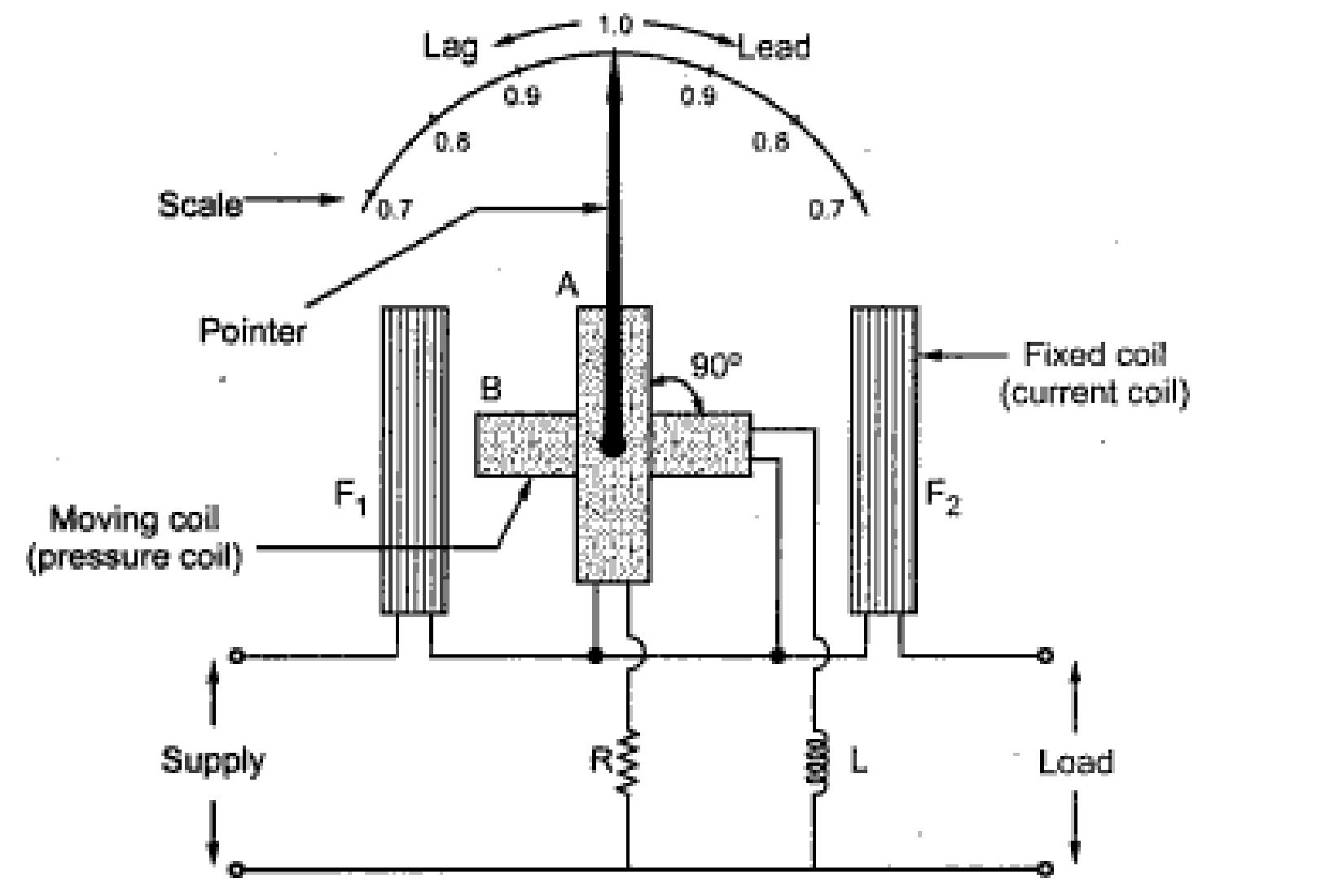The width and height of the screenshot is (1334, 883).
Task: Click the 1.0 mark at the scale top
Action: pyautogui.click(x=614, y=25)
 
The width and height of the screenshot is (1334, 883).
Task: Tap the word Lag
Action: pyautogui.click(x=450, y=46)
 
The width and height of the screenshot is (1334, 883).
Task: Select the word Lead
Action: pyautogui.click(x=774, y=48)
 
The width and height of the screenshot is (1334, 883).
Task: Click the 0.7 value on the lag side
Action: pyautogui.click(x=396, y=210)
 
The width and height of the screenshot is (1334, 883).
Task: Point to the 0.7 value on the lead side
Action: pyautogui.click(x=826, y=210)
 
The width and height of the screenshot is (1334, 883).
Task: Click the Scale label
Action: pyautogui.click(x=200, y=203)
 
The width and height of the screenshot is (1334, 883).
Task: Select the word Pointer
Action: pyautogui.click(x=252, y=330)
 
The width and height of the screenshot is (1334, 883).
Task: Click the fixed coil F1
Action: pyautogui.click(x=415, y=460)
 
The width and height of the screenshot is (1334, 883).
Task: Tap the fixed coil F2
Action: pyautogui.click(x=884, y=460)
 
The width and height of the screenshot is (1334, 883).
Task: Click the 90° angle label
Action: pyautogui.click(x=716, y=366)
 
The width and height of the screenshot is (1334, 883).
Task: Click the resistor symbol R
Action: pyautogui.click(x=628, y=762)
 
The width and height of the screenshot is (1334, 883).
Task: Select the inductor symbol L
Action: pyautogui.click(x=817, y=762)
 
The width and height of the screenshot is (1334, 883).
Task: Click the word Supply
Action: pyautogui.click(x=213, y=761)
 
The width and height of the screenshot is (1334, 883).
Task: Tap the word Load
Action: pyautogui.click(x=1075, y=763)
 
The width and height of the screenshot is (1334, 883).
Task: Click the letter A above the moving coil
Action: pyautogui.click(x=567, y=285)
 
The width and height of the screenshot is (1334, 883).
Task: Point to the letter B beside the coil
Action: pyautogui.click(x=490, y=389)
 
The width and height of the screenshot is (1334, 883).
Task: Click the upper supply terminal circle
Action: pyautogui.click(x=236, y=655)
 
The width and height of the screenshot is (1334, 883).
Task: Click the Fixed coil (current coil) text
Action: pyautogui.click(x=1094, y=374)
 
